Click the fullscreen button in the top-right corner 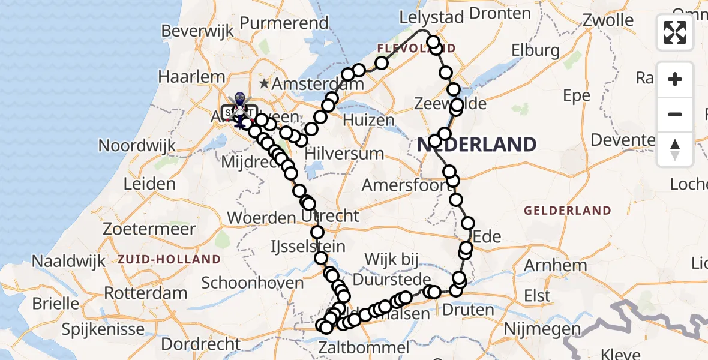[x=675, y=32]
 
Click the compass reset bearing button [x=675, y=149]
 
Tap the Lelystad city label [x=432, y=17]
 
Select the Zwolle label [x=608, y=20]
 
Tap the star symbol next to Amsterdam [x=264, y=84]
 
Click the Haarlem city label [x=192, y=77]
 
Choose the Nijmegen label [x=542, y=329]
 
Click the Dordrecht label [x=201, y=344]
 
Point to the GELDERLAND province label [x=567, y=211]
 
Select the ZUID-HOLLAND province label [x=169, y=260]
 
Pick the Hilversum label [x=344, y=153]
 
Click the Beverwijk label [x=192, y=30]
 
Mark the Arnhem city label [x=556, y=265]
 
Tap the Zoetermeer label [x=149, y=229]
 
